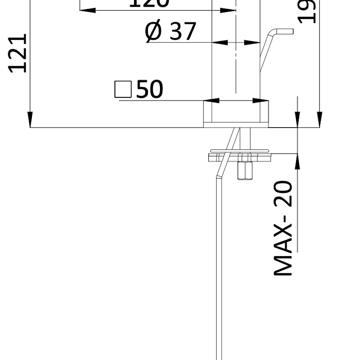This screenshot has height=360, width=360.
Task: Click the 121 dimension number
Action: (x=19, y=53)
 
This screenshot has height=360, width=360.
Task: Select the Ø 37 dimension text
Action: (x=171, y=32)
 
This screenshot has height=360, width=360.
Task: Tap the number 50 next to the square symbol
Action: (x=150, y=89)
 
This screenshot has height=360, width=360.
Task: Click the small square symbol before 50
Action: (x=123, y=89)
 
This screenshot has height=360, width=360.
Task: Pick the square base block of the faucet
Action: (x=236, y=114)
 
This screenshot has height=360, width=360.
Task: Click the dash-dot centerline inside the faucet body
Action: (x=236, y=60)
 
